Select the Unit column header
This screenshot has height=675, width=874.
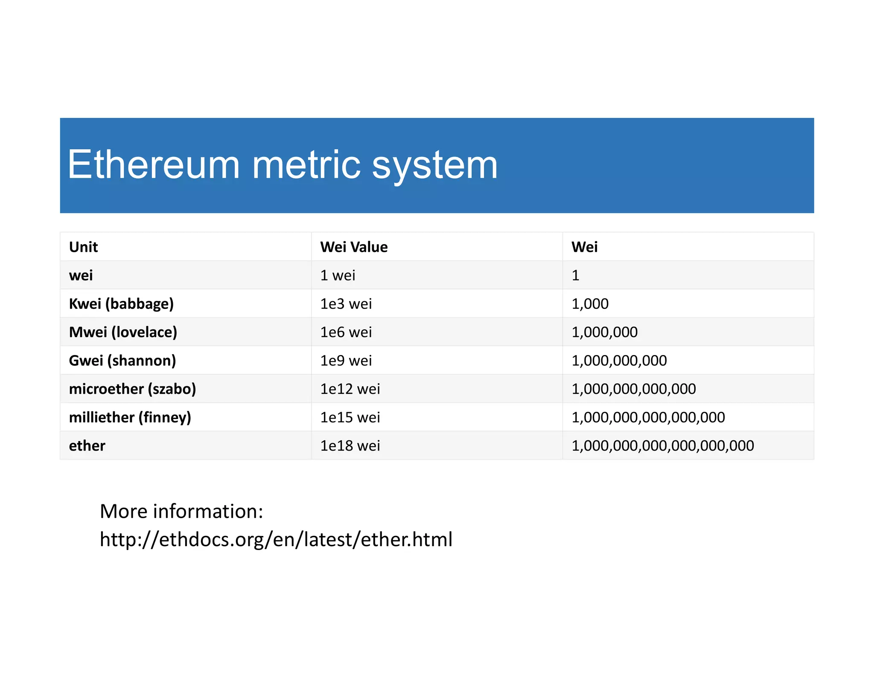pyautogui.click(x=84, y=247)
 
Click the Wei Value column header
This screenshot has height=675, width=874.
pyautogui.click(x=354, y=247)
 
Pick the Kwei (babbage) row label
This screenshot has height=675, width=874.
pyautogui.click(x=121, y=304)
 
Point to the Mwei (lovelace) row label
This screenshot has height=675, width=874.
pyautogui.click(x=123, y=332)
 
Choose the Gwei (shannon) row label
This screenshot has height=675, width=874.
pyautogui.click(x=122, y=361)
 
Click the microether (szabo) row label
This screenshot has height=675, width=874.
pyautogui.click(x=132, y=389)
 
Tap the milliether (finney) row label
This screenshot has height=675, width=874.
pyautogui.click(x=130, y=417)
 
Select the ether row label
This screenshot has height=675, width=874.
pyautogui.click(x=87, y=445)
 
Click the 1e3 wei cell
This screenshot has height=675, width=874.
pyautogui.click(x=346, y=304)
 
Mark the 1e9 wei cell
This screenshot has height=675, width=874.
pyautogui.click(x=346, y=361)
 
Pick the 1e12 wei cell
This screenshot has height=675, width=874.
pyautogui.click(x=350, y=389)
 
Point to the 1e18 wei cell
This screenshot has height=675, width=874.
pyautogui.click(x=350, y=445)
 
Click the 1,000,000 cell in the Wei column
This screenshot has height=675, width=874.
pyautogui.click(x=604, y=332)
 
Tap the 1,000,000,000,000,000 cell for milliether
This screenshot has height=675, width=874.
pyautogui.click(x=648, y=417)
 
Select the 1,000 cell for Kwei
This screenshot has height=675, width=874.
pyautogui.click(x=590, y=304)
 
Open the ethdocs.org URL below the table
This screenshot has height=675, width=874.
pyautogui.click(x=276, y=539)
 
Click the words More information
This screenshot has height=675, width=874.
pyautogui.click(x=181, y=511)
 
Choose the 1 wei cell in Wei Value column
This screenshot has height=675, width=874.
pyautogui.click(x=338, y=275)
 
